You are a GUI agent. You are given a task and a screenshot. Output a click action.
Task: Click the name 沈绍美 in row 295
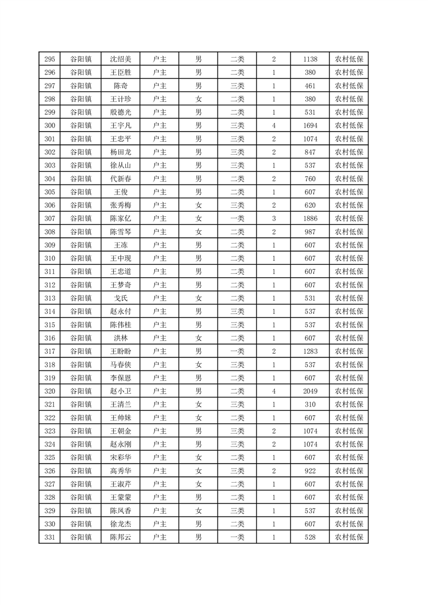point(121,59)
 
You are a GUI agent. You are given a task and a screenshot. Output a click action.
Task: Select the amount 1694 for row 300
point(310,125)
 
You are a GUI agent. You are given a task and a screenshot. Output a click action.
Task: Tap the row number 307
point(50,218)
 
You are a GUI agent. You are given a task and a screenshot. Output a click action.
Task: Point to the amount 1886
point(310,218)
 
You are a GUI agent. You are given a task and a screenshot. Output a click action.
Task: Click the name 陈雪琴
point(121,232)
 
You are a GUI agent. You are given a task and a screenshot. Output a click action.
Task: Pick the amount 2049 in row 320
point(310,391)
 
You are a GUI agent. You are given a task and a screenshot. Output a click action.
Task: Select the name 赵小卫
point(121,391)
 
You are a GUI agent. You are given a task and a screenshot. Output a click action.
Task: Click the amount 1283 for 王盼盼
point(310,351)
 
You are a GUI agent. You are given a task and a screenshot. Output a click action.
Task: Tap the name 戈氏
point(121,298)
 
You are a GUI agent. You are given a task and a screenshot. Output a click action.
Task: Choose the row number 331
point(50,537)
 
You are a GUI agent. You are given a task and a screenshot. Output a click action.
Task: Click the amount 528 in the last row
point(310,537)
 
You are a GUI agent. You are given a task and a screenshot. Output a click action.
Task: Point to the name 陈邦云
point(121,537)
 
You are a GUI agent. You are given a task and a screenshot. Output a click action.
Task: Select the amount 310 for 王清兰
point(310,404)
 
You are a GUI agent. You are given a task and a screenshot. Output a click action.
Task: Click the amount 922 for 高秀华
point(310,471)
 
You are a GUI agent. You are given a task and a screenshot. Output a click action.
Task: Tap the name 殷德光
point(121,112)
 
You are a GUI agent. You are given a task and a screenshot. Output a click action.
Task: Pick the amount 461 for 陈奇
point(310,85)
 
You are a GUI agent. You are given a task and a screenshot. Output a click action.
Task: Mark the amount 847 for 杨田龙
point(310,152)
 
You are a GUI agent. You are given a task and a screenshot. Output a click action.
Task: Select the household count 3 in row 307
point(274,218)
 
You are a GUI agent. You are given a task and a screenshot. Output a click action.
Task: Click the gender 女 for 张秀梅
point(199,205)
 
